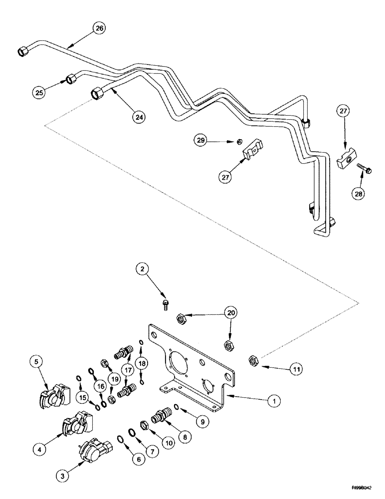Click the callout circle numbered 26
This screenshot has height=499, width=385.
pos(99,28)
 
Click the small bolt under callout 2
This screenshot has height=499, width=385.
pos(166,303)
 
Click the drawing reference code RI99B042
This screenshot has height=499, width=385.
pos(363,490)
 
